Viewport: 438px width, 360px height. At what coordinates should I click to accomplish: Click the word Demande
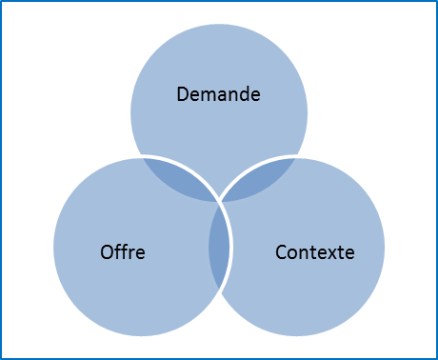(219, 94)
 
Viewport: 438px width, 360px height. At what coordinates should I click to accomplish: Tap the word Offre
(122, 252)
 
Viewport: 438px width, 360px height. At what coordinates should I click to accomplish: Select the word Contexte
(314, 252)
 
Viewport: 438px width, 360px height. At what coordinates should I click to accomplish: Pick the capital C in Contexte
(281, 252)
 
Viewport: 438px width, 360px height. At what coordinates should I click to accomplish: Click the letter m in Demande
(209, 95)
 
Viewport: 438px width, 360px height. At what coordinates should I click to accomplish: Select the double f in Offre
(120, 252)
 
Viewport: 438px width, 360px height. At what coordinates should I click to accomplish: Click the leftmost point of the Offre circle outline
(51, 247)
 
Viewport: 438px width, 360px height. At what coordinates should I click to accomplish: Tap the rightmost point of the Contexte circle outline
(387, 247)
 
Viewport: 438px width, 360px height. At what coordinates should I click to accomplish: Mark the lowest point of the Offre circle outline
(141, 336)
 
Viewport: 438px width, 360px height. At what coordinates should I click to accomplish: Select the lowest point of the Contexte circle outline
(297, 336)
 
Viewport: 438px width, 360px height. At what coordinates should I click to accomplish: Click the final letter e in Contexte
(349, 253)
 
